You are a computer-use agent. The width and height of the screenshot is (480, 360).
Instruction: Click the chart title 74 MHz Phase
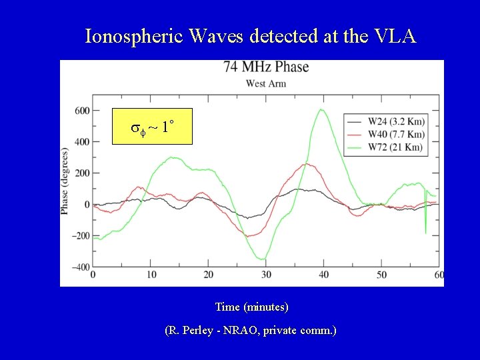(x=266, y=67)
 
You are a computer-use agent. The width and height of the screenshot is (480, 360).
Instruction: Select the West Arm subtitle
(x=266, y=83)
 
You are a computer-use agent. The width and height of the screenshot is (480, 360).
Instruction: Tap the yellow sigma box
(x=151, y=126)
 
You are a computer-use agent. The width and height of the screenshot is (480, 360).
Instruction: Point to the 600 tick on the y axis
(x=82, y=111)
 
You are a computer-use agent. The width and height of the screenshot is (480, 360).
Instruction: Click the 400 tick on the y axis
(x=82, y=142)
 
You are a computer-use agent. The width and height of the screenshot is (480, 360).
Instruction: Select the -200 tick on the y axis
(x=81, y=236)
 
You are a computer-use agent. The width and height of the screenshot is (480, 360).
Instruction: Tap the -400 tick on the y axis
(x=81, y=267)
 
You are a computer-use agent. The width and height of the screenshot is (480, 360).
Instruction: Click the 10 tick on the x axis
(x=151, y=275)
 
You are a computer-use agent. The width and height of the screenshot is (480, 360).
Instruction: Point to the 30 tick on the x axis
(x=266, y=275)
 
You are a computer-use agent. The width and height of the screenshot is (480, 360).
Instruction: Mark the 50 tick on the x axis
(x=381, y=275)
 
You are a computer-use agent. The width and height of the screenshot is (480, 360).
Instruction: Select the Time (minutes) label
(x=251, y=307)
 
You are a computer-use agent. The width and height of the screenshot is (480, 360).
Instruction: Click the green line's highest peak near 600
(x=322, y=110)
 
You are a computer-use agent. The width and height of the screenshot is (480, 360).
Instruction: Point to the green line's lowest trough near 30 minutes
(x=263, y=259)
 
